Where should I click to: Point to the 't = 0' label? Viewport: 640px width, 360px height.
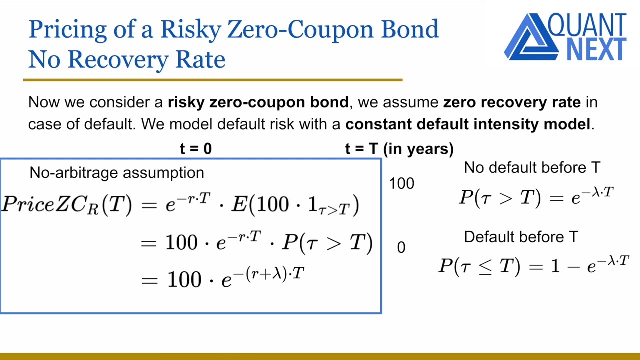coord(195,149)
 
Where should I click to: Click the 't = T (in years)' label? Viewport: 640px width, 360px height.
coord(399,149)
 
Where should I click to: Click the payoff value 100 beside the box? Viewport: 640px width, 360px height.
coord(401,184)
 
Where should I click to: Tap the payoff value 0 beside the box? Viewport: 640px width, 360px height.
coord(401,247)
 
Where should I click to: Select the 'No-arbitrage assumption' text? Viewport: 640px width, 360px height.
coord(117,173)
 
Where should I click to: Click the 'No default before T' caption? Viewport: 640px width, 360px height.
coord(532,168)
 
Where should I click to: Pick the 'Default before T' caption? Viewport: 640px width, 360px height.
coord(521,237)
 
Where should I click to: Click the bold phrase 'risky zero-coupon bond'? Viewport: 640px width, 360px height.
coord(258,102)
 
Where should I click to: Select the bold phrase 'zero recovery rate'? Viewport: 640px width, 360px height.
coord(512,102)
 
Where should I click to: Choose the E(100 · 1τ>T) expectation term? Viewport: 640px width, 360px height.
coord(295,205)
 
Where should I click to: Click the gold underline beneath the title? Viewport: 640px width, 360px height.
coord(212,80)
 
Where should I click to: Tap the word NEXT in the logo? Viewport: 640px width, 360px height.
coord(596,49)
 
